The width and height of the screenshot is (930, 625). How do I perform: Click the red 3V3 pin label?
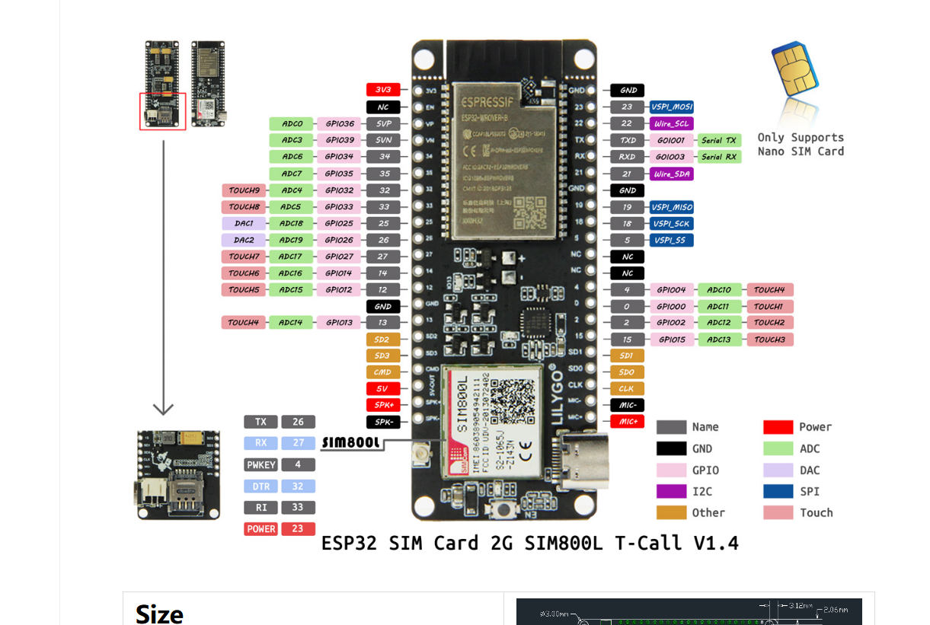click(x=383, y=90)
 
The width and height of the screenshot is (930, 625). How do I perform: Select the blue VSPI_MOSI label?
click(x=671, y=107)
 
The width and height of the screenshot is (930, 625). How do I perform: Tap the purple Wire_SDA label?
click(x=671, y=174)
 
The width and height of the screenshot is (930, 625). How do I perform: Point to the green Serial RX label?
click(x=719, y=157)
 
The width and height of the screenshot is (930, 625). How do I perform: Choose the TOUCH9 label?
click(x=244, y=190)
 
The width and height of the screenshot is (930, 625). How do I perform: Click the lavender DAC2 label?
click(x=244, y=240)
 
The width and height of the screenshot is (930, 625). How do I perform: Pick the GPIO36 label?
click(x=339, y=123)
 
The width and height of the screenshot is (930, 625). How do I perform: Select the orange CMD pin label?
click(x=383, y=372)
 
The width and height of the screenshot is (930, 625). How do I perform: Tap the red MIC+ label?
click(x=627, y=422)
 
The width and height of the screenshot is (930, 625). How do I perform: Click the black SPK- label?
click(x=383, y=422)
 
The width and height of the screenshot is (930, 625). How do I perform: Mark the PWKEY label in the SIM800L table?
click(x=260, y=464)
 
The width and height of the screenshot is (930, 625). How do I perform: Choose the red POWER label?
click(x=260, y=529)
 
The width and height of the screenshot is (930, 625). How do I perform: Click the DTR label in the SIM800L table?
click(x=260, y=486)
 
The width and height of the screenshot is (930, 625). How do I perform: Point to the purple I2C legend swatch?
click(x=671, y=492)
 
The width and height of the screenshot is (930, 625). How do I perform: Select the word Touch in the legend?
click(x=816, y=513)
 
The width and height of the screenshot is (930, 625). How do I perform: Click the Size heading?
click(x=159, y=614)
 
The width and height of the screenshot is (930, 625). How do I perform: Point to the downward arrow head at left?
click(x=163, y=409)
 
